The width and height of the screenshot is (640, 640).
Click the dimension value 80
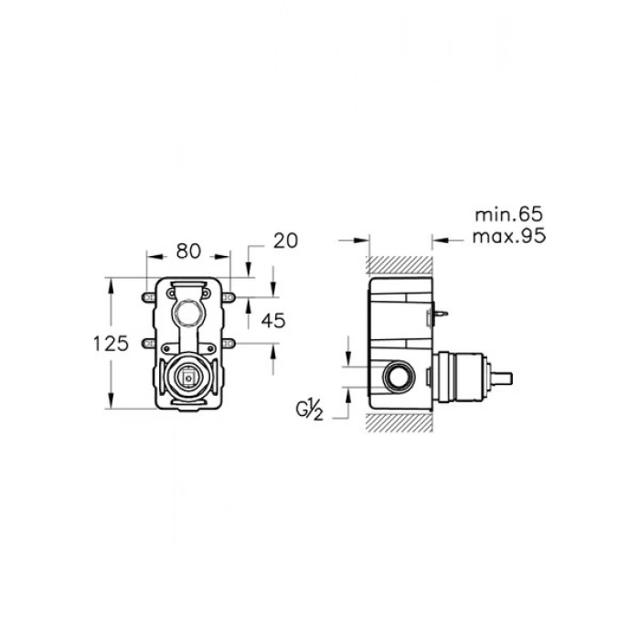pyautogui.click(x=188, y=251)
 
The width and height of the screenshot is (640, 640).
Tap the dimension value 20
pyautogui.click(x=285, y=240)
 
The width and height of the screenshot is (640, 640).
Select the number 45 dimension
pyautogui.click(x=273, y=321)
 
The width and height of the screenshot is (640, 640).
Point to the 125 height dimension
pyautogui.click(x=111, y=343)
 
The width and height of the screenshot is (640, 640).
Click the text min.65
pyautogui.click(x=509, y=215)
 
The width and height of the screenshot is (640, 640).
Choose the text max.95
pyautogui.click(x=509, y=236)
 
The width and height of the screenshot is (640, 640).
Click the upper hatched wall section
pyautogui.click(x=400, y=266)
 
